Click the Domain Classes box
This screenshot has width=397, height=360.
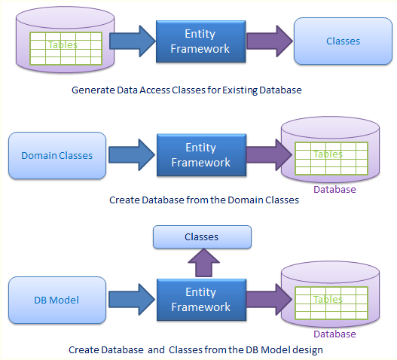57,155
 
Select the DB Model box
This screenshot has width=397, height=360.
57,300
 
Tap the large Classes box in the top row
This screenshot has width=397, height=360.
343,41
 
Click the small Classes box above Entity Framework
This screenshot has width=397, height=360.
202,236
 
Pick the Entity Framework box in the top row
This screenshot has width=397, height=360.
201,41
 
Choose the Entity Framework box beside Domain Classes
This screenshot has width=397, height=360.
202,155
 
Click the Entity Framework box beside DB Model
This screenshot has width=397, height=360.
202,300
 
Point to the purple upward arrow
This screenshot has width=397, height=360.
203,263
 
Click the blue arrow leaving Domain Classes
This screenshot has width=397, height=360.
132,154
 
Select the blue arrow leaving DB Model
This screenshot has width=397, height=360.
132,300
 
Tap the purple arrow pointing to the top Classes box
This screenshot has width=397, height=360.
270,41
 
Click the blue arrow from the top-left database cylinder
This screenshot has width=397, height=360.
133,41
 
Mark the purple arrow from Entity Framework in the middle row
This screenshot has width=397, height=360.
269,154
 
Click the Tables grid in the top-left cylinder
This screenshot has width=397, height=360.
66,48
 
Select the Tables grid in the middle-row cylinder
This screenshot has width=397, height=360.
331,158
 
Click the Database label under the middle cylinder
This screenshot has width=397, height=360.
334,189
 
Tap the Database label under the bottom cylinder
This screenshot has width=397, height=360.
334,334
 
